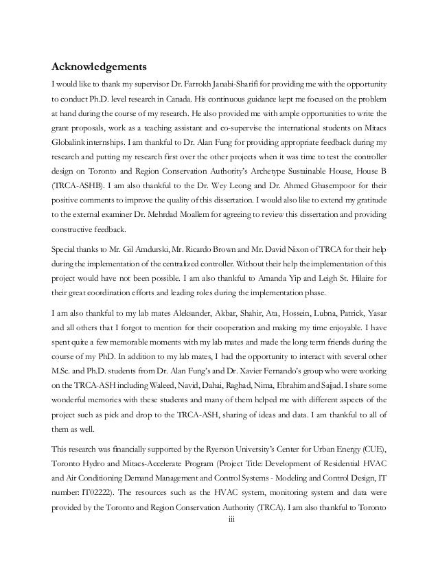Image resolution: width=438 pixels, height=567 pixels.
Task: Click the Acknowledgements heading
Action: point(100,68)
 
